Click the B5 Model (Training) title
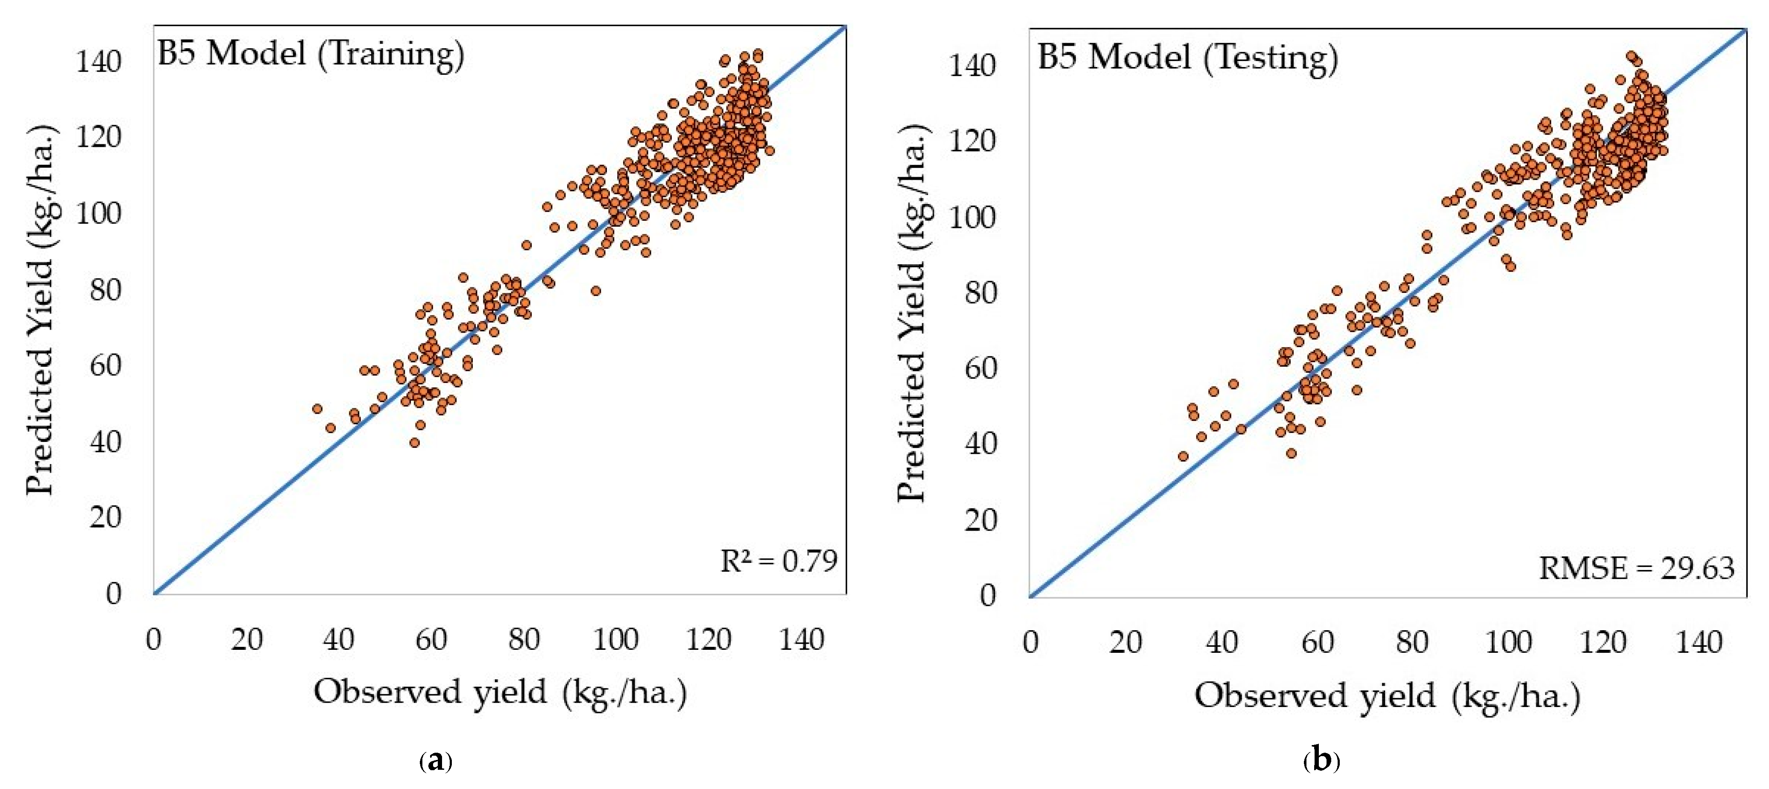pos(310,53)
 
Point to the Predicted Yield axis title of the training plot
pos(40,310)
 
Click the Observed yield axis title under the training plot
pos(500,692)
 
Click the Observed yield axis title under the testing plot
pos(1387,695)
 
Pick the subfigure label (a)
pos(435,761)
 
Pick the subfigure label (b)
pos(1321,761)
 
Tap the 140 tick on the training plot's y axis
pos(98,62)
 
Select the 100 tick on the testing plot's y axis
pos(972,218)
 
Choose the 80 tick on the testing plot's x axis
pos(1412,643)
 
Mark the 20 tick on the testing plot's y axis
pos(980,520)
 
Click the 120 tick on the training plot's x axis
pos(708,640)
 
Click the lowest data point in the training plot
pos(414,443)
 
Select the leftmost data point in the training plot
pos(316,409)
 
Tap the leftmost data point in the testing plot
pos(1183,456)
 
